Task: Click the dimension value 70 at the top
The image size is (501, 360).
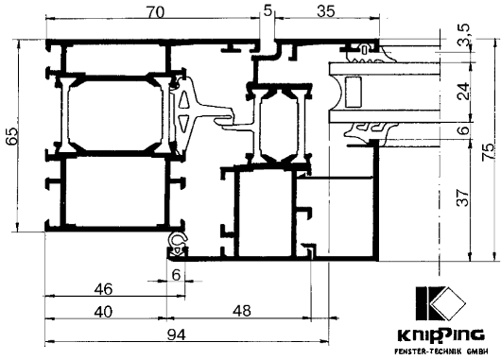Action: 156,12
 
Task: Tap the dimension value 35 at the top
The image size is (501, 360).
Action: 326,11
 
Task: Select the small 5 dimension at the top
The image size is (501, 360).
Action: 268,10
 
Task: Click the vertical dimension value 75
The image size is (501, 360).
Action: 489,153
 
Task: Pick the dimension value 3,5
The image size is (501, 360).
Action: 463,34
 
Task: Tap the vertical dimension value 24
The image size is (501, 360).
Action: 463,92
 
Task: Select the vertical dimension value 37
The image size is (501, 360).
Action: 463,197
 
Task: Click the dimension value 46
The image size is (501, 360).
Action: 104,289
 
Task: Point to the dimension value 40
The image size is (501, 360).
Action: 104,312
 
